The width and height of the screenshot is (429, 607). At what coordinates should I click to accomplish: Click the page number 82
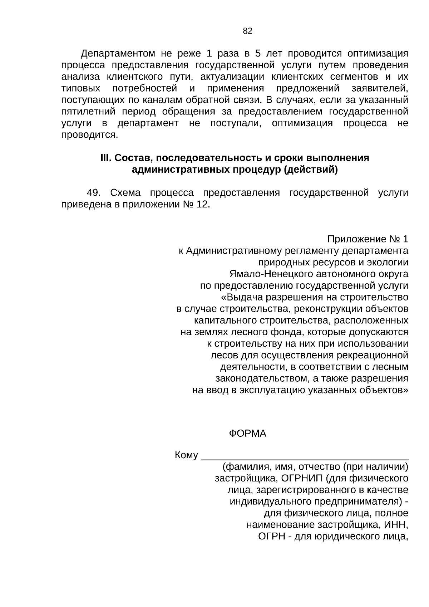point(247,31)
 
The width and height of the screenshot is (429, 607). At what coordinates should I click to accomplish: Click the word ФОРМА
point(247,434)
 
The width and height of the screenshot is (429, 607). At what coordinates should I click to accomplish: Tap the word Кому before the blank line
point(186,455)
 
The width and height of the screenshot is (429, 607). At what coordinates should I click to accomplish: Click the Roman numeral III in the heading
point(106,158)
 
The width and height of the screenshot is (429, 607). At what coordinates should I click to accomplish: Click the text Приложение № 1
point(368,239)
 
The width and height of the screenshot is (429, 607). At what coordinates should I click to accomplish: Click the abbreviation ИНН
point(397,525)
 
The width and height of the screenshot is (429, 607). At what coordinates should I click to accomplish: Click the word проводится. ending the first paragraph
point(89,135)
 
